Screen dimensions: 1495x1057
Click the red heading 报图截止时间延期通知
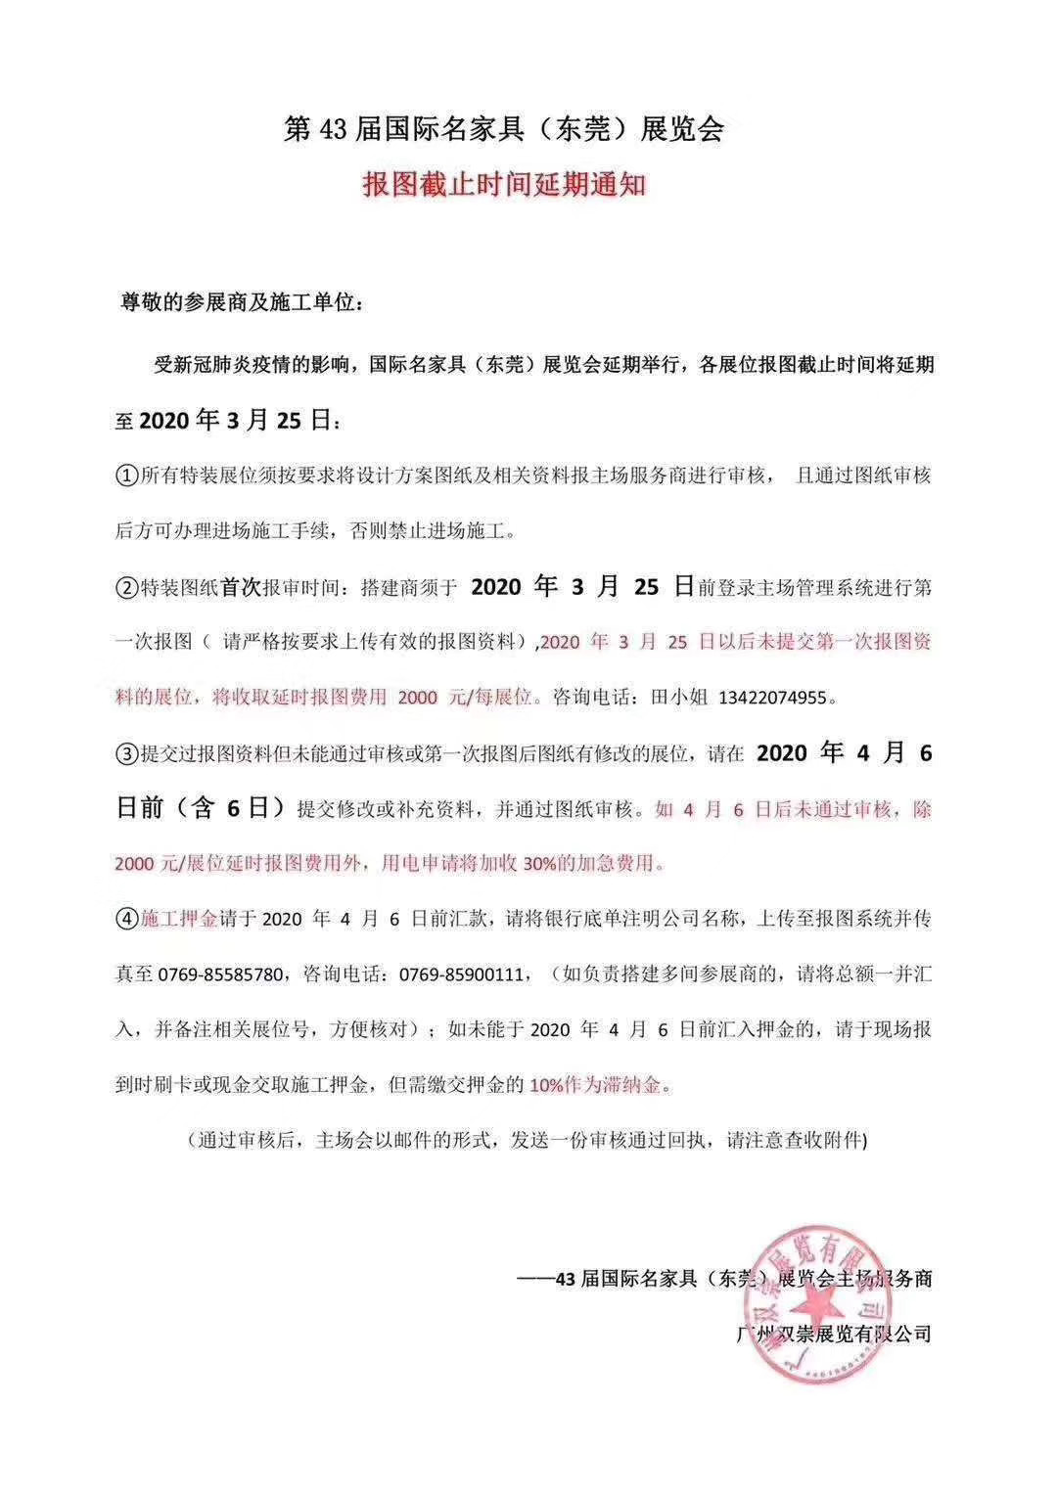tap(504, 184)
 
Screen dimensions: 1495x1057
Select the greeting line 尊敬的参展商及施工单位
tap(243, 303)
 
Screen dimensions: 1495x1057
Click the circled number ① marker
tap(128, 476)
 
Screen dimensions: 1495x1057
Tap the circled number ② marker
tap(128, 588)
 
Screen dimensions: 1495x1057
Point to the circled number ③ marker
tap(128, 754)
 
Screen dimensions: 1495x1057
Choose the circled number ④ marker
tap(128, 920)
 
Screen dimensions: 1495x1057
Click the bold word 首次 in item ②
tap(241, 588)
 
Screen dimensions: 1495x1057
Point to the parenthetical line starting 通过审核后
tap(528, 1141)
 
